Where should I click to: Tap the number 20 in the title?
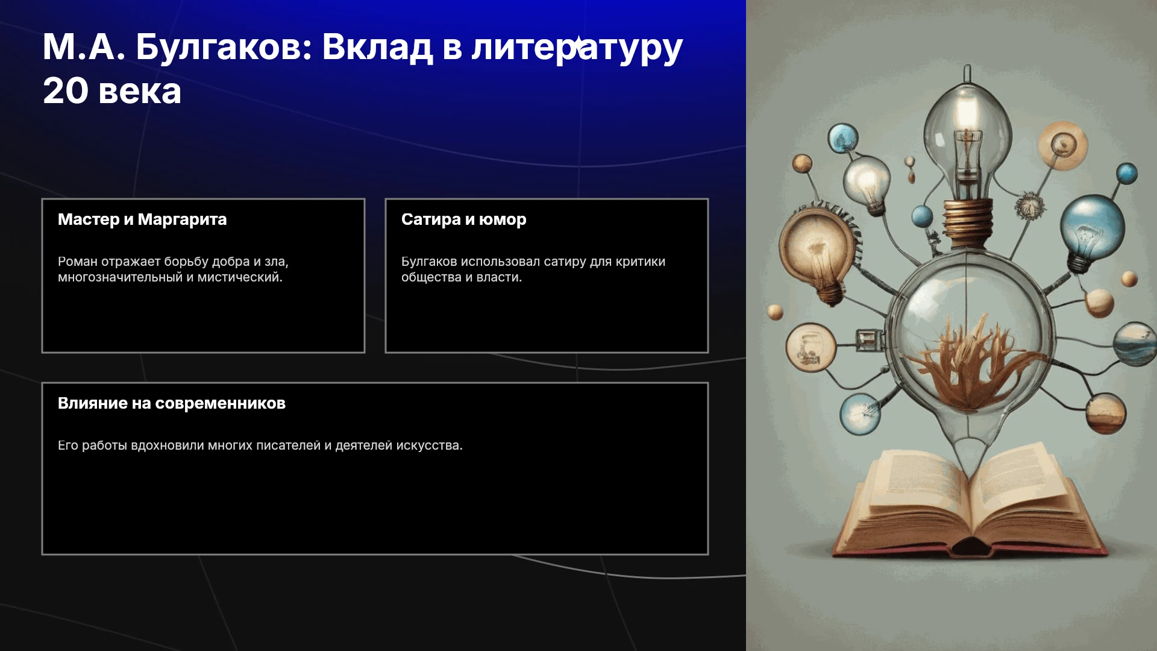[x=65, y=91]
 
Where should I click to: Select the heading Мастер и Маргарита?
[x=142, y=219]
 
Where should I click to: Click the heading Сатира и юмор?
[x=464, y=219]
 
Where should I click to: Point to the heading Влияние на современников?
[x=172, y=403]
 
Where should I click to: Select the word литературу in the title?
[x=577, y=48]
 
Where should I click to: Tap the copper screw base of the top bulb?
[x=967, y=223]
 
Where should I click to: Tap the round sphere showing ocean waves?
[x=1137, y=344]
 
